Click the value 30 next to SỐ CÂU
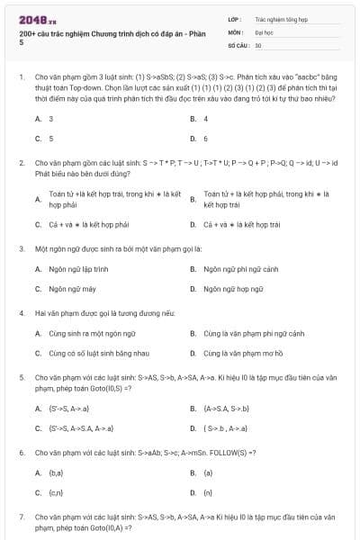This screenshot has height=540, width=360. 258,44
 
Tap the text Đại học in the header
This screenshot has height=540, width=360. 265,31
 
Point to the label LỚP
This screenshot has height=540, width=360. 233,18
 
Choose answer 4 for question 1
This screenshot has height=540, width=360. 206,118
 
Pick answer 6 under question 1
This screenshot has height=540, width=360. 206,139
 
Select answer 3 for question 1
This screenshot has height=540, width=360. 50,118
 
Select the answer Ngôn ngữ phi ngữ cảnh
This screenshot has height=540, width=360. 239,268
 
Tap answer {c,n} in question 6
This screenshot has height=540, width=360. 55,493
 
